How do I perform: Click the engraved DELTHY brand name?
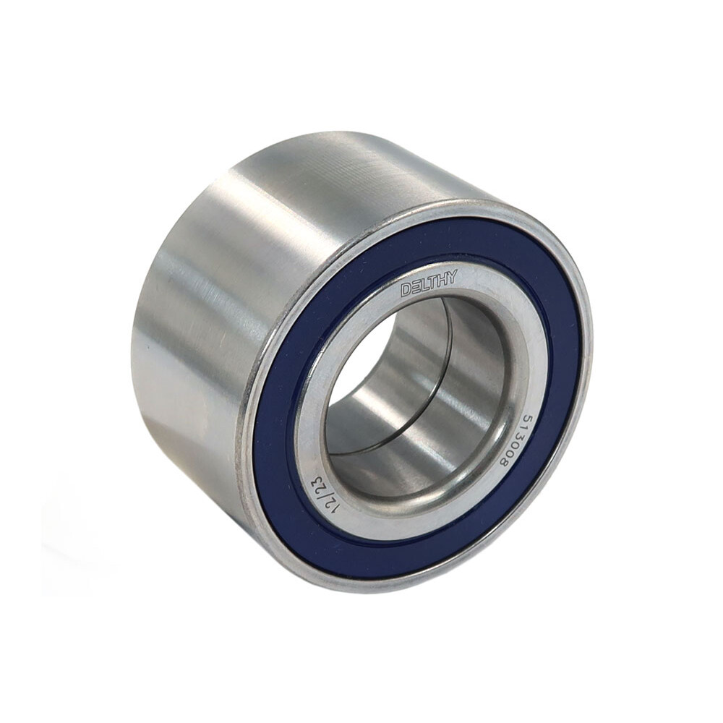point(429,283)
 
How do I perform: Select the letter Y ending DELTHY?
point(451,277)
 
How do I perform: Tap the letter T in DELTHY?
point(433,282)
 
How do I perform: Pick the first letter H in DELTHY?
point(442,279)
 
